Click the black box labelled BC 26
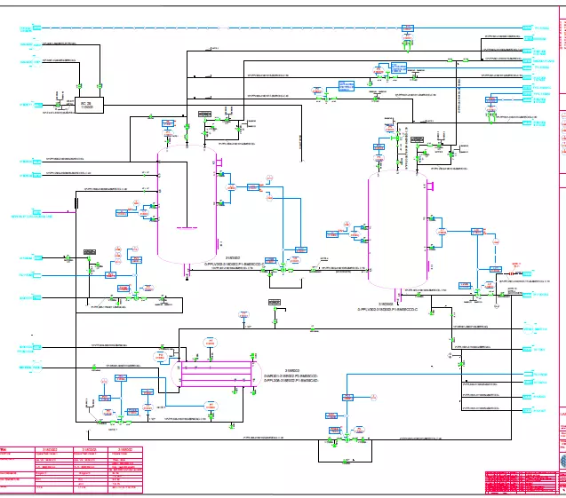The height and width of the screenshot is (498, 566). tap(90, 104)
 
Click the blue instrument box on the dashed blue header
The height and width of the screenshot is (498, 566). tap(408, 29)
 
